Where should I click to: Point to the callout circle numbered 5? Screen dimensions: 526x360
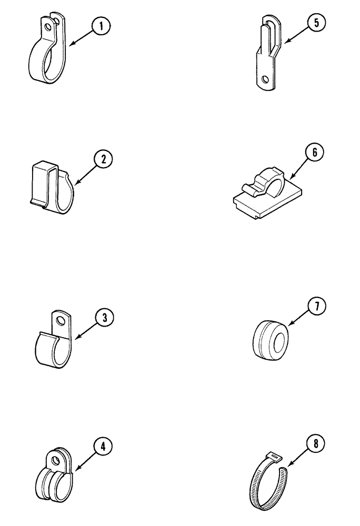point(316,24)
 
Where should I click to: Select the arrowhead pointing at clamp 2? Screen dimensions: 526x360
point(75,185)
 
